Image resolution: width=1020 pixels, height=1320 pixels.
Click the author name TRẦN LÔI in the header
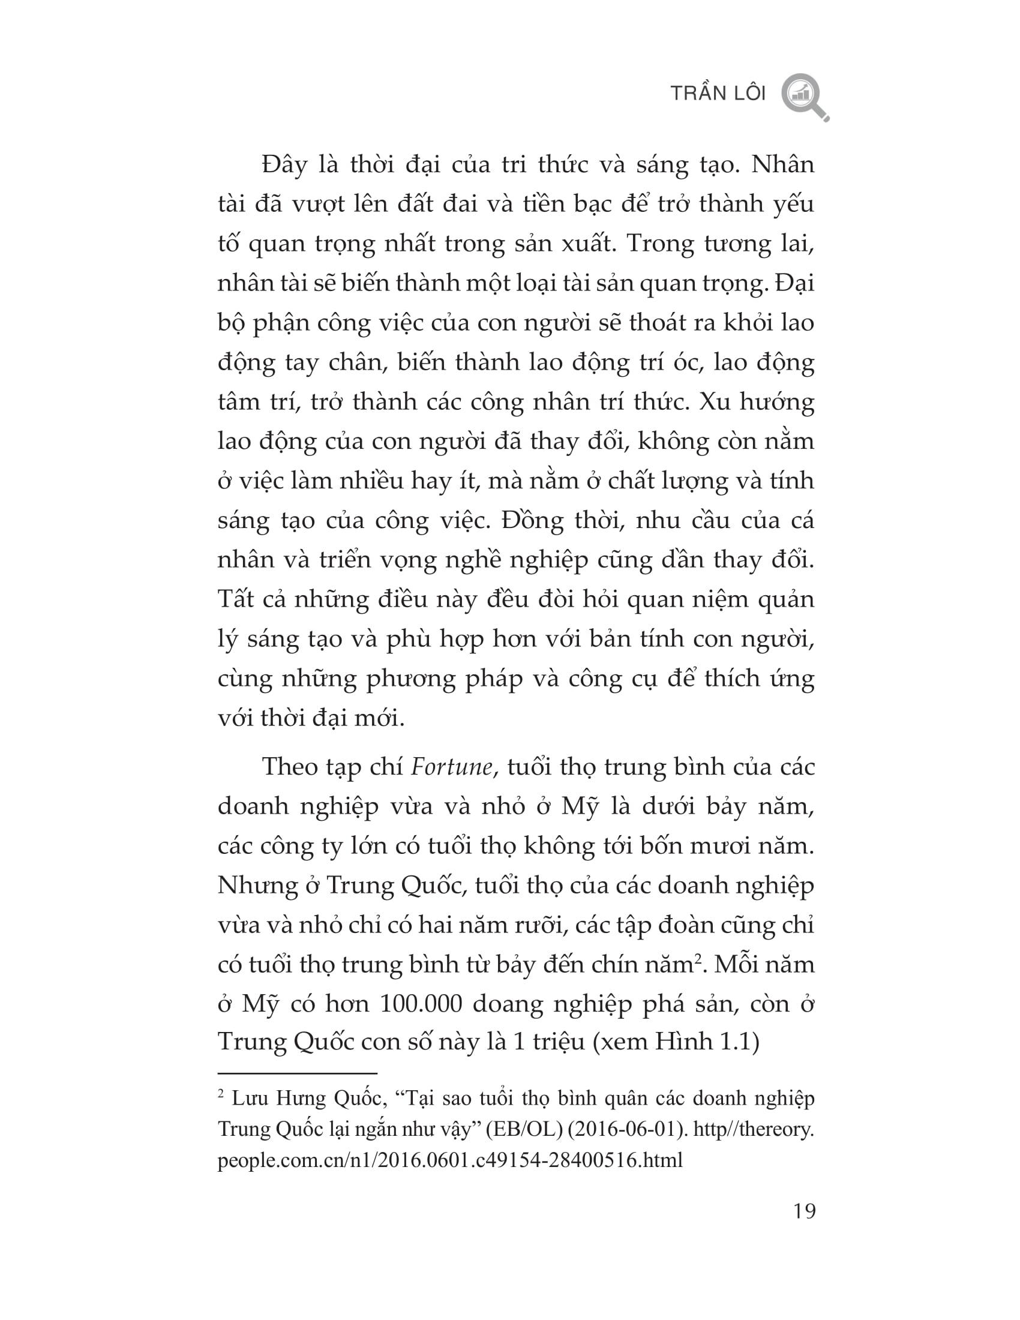718,94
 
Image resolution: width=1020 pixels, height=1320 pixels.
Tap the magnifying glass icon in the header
803,96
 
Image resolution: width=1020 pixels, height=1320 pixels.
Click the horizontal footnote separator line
297,1073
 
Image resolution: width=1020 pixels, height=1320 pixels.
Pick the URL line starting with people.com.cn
450,1160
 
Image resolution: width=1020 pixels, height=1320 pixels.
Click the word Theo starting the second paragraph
289,767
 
